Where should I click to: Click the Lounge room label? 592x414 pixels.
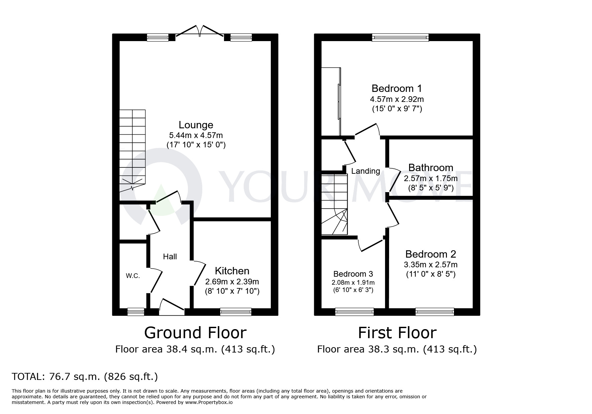[196, 125]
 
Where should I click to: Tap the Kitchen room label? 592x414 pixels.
[232, 271]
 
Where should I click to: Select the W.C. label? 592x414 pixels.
[133, 276]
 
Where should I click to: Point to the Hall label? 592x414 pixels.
[170, 257]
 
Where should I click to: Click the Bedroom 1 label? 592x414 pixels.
[396, 89]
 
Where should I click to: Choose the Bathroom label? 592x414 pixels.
[431, 167]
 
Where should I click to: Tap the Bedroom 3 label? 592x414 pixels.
[353, 274]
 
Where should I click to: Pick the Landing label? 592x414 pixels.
[366, 171]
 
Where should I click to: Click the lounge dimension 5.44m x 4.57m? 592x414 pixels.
[196, 136]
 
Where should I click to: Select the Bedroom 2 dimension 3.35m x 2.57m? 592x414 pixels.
[431, 265]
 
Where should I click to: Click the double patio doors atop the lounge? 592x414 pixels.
[200, 31]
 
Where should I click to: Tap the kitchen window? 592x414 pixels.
[236, 312]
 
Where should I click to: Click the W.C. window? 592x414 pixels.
[136, 312]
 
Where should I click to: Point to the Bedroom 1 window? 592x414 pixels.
[400, 37]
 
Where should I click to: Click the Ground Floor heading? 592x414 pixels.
[195, 333]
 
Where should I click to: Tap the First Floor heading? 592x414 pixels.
[397, 333]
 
